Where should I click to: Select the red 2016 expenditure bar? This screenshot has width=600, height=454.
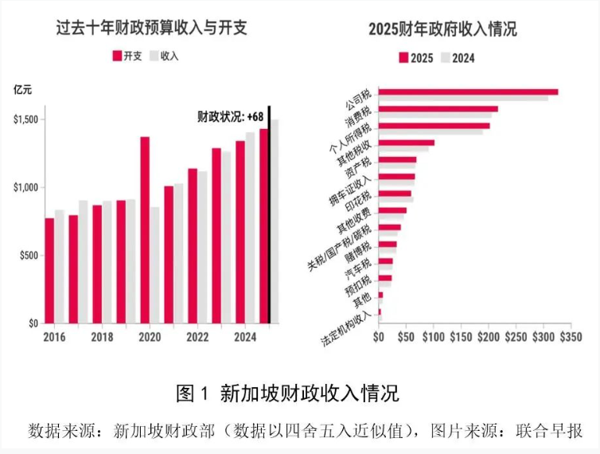tap(49, 271)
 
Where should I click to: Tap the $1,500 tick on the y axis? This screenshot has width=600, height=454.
tap(26, 119)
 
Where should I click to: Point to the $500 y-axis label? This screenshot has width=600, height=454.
tap(26, 256)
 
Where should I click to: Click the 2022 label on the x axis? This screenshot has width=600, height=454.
tap(197, 338)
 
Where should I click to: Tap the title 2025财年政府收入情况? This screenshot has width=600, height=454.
tap(442, 29)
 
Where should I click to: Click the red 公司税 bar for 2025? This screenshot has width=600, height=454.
tap(468, 92)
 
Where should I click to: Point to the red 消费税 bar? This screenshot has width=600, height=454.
tap(438, 109)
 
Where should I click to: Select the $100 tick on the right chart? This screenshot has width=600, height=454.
tap(433, 338)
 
